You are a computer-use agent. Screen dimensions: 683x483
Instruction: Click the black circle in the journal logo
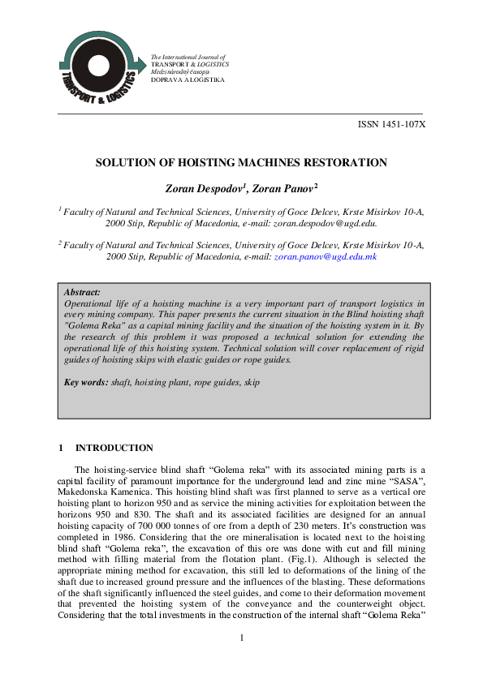coord(98,67)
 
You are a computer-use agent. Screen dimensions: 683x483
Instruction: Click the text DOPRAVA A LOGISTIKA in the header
coord(186,79)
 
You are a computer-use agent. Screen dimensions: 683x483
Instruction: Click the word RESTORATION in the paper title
coord(346,162)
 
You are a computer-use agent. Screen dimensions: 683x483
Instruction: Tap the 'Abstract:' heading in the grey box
coord(82,291)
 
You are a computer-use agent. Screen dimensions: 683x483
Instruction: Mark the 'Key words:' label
coord(86,381)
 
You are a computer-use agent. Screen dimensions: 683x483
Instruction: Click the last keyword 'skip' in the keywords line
coord(252,381)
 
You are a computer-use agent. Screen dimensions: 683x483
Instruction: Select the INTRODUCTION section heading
coord(114,448)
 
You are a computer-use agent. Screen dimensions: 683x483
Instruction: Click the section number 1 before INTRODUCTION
coord(61,448)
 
